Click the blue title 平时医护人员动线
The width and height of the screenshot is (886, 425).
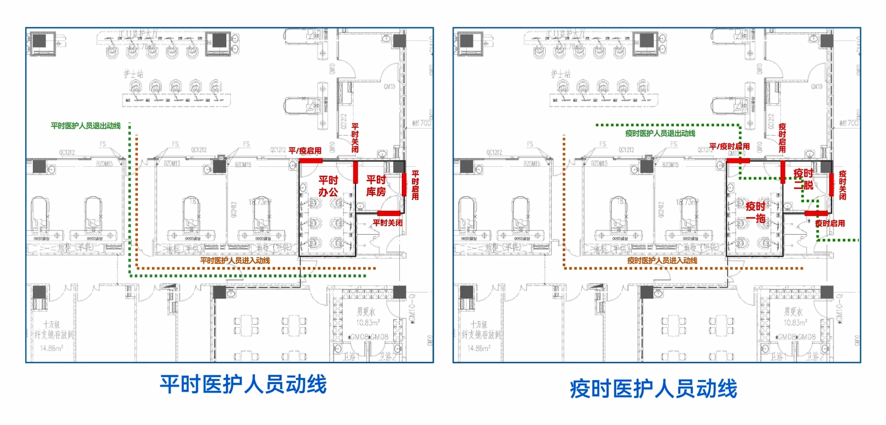[x=243, y=384]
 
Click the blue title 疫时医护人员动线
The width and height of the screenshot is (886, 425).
[x=653, y=389]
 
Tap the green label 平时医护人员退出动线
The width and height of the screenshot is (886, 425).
[x=86, y=126]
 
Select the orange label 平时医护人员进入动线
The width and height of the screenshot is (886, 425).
[x=235, y=261]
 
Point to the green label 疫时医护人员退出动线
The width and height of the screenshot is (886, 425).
[x=660, y=133]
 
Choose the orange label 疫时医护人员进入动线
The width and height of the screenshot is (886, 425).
[x=662, y=261]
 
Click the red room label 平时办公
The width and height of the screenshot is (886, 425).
[x=328, y=186]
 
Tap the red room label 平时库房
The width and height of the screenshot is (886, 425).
[x=376, y=186]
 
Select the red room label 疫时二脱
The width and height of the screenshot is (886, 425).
[x=803, y=179]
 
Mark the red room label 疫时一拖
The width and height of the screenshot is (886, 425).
[x=756, y=212]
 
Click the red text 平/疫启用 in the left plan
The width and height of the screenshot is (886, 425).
[x=305, y=150]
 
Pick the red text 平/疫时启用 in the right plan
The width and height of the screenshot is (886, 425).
[x=729, y=147]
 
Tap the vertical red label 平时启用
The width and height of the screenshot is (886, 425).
[x=415, y=185]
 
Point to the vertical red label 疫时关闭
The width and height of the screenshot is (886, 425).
[x=842, y=185]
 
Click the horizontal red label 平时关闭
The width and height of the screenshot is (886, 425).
[x=387, y=223]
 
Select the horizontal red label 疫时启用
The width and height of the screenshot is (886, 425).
[x=830, y=223]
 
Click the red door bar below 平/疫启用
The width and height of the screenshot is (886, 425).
[x=310, y=160]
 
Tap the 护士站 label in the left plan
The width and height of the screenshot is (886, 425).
[x=133, y=73]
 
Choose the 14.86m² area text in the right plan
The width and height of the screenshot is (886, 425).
[x=479, y=348]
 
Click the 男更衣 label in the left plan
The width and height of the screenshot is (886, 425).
[x=366, y=312]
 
